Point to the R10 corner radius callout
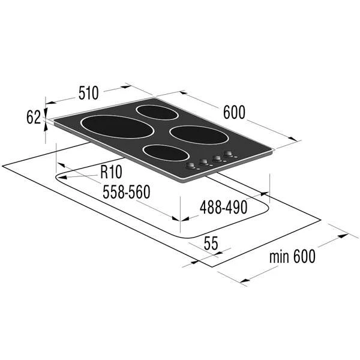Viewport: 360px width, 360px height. click(x=110, y=173)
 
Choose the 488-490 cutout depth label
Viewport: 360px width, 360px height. click(x=223, y=207)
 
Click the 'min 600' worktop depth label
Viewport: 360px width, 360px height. click(x=292, y=256)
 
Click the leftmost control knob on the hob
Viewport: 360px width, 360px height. click(x=191, y=165)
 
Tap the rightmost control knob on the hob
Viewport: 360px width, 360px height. click(x=228, y=155)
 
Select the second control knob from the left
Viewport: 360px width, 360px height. click(x=203, y=162)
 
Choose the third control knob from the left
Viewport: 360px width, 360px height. click(x=215, y=158)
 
